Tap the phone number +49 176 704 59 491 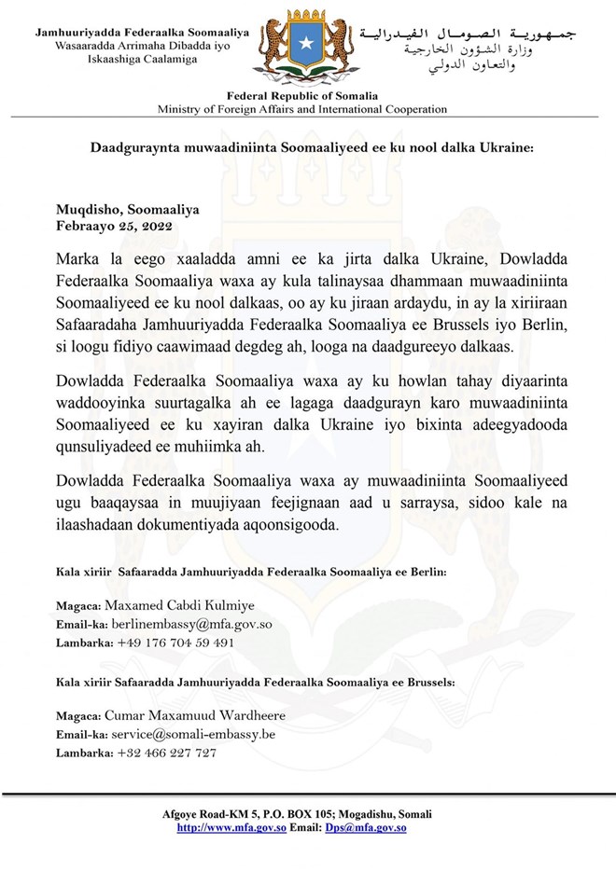pos(175,643)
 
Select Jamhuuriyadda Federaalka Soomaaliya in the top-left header pos(142,33)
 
